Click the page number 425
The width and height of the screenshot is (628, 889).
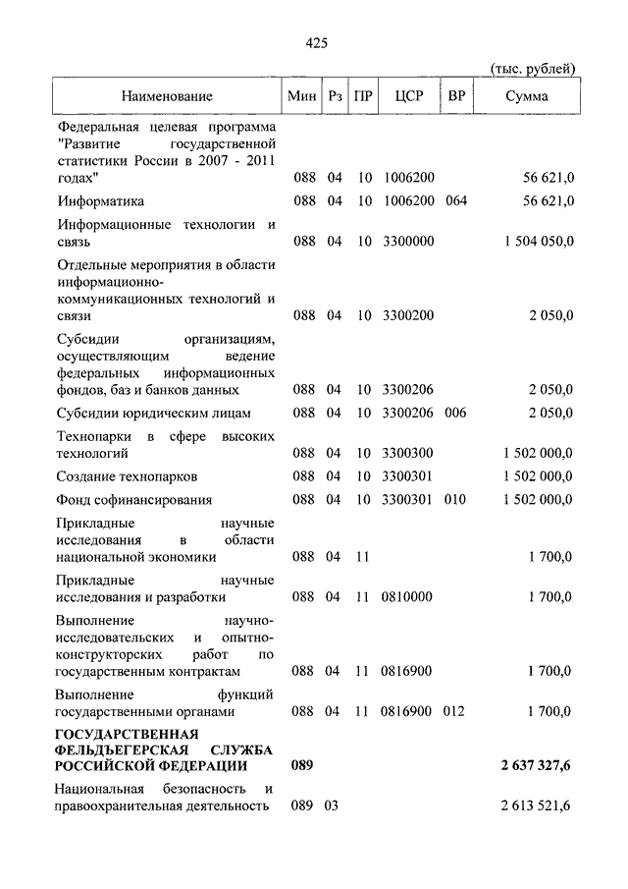pos(315,42)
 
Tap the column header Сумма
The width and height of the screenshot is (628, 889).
pos(527,96)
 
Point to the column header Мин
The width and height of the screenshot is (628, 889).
pos(302,96)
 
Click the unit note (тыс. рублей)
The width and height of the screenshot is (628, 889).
pos(533,67)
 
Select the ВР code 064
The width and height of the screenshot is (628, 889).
pos(455,201)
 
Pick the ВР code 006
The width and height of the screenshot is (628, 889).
pos(455,413)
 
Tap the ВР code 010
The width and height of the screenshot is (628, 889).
pos(455,500)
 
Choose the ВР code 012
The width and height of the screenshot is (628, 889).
pos(455,710)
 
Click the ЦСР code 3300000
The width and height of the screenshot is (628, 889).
pos(408,242)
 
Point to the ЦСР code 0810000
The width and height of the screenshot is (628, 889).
pos(408,596)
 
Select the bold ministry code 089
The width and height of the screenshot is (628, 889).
pos(302,766)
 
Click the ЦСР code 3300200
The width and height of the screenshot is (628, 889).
pos(408,315)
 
